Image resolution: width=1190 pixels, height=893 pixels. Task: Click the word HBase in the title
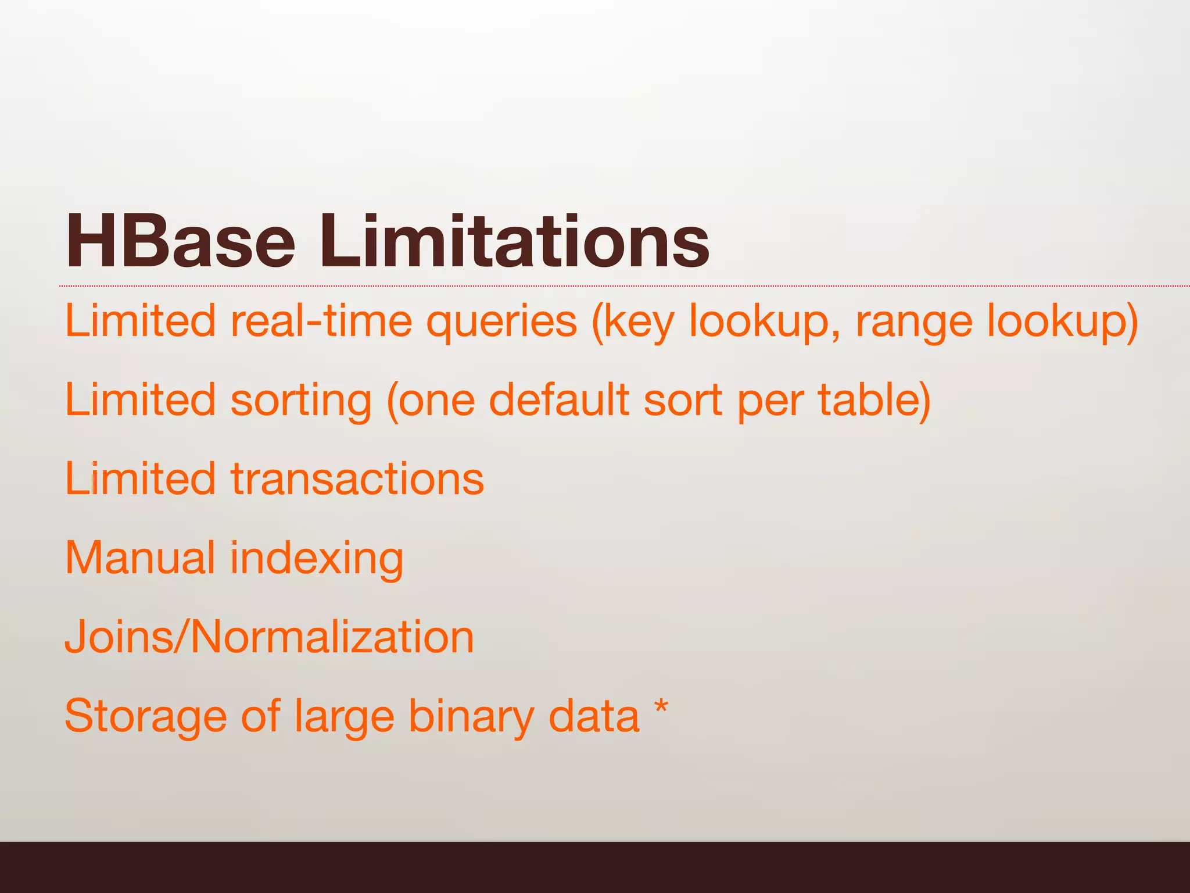[180, 241]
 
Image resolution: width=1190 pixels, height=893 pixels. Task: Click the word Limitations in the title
[514, 241]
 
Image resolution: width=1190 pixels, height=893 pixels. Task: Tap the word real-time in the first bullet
[321, 321]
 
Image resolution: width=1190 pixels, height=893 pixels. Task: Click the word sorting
[301, 401]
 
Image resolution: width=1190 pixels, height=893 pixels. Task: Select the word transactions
[357, 479]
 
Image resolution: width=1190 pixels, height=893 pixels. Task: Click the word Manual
[139, 558]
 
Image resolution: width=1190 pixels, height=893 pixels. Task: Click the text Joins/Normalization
[269, 637]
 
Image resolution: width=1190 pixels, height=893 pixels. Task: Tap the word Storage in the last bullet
[145, 716]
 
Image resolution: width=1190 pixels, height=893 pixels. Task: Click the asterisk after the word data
[661, 709]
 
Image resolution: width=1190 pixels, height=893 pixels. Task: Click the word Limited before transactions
[139, 479]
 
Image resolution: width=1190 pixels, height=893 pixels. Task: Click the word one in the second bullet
[436, 401]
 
